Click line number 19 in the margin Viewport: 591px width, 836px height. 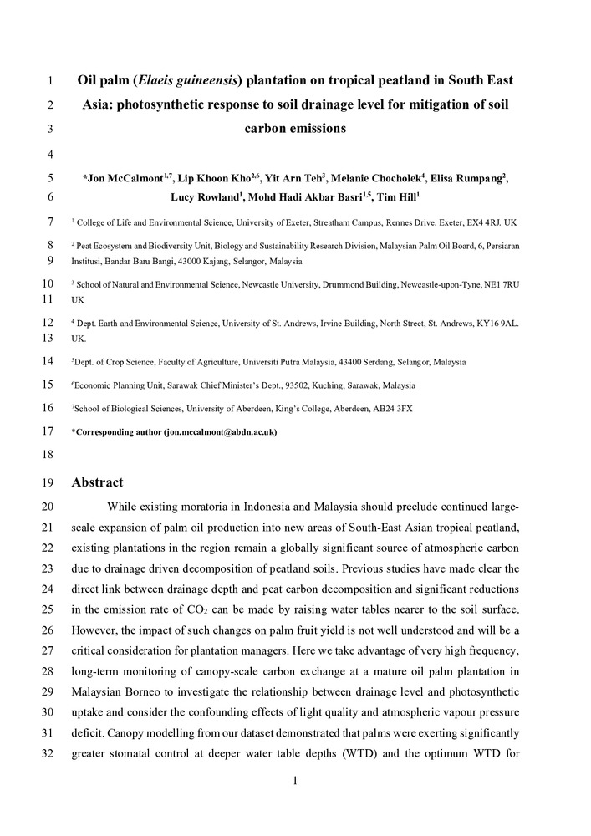click(x=47, y=483)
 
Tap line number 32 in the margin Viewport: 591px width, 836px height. click(x=47, y=754)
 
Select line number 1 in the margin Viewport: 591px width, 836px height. click(x=50, y=82)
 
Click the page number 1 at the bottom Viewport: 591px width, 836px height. click(x=295, y=782)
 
